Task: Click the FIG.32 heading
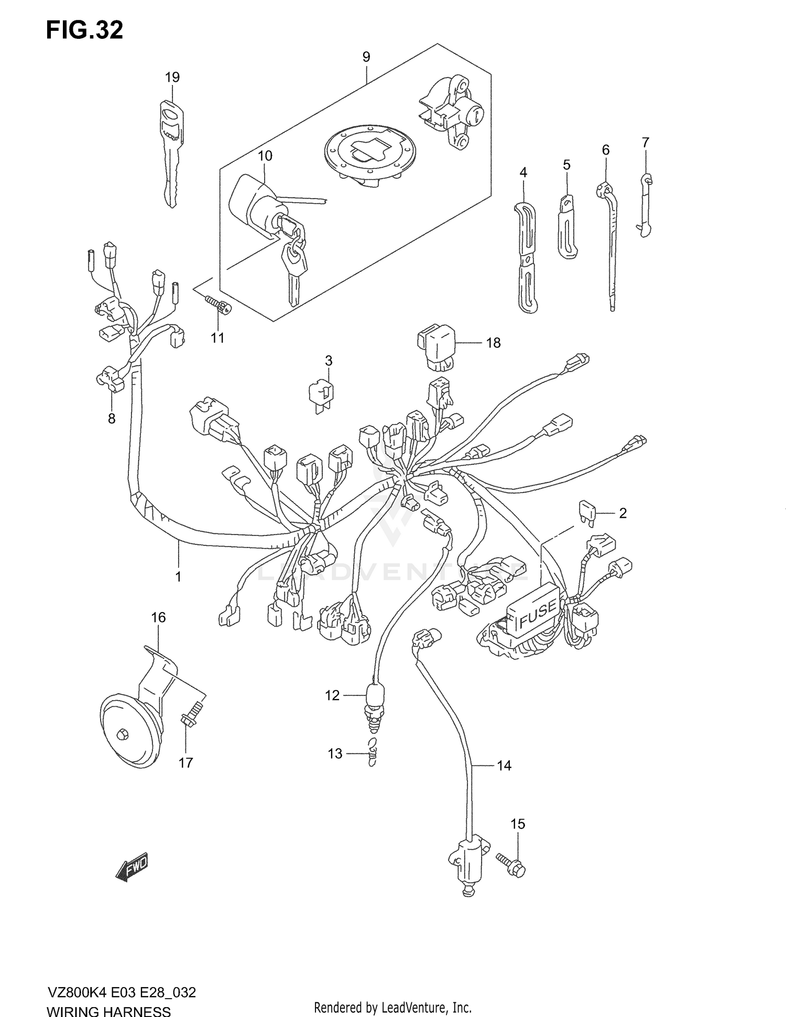pos(84,30)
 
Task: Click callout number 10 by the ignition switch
pos(265,156)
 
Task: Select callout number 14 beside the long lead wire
pos(504,766)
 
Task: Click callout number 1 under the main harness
pos(178,576)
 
